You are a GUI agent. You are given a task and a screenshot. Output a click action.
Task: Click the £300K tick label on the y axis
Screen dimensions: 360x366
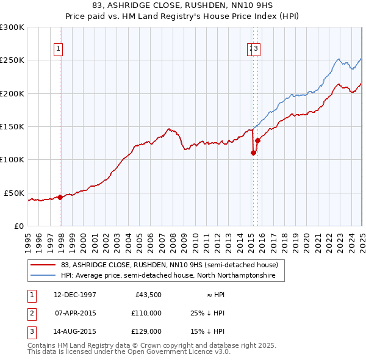tap(12, 27)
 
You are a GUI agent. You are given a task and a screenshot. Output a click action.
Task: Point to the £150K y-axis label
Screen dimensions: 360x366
tap(12, 127)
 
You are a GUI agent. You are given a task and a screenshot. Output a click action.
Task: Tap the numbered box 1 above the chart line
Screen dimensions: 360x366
tap(59, 50)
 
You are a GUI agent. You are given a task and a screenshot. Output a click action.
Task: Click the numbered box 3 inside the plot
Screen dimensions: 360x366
tap(256, 50)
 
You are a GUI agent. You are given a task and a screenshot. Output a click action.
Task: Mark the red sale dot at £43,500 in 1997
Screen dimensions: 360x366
tap(60, 198)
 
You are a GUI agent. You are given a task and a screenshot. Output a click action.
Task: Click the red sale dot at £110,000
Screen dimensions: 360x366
tap(253, 154)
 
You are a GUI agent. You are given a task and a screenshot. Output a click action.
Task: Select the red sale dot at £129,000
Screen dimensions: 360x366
tap(257, 141)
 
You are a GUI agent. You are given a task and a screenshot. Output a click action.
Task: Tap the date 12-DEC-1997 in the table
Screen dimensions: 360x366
tap(75, 295)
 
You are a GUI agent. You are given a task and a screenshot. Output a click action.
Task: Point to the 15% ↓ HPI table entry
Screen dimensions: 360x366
tap(207, 331)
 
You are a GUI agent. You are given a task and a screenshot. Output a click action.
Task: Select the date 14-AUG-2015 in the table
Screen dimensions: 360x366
tap(75, 331)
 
